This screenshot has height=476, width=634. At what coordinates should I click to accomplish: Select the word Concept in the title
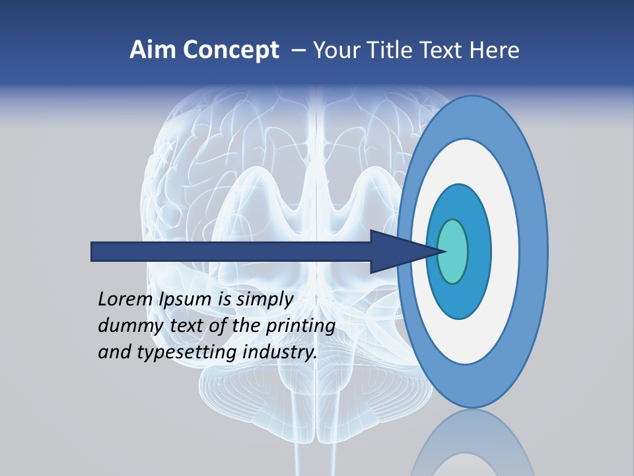coord(230,50)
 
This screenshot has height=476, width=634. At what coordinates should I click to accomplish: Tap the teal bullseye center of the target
coord(453,252)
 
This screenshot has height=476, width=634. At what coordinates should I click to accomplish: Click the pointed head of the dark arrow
coord(409,252)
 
